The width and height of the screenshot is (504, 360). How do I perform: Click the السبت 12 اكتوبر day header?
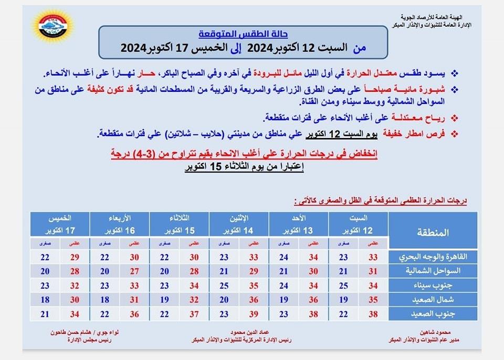(359, 224)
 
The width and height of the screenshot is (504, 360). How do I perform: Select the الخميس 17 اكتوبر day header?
(60, 224)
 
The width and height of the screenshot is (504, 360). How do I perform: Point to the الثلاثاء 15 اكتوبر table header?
(180, 224)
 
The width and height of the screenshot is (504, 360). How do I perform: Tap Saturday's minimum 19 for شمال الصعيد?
(343, 300)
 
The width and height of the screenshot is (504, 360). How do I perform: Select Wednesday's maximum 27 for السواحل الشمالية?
(134, 271)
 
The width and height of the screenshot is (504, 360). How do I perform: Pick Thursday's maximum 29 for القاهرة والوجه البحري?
(75, 257)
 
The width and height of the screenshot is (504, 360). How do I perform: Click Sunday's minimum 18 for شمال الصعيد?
(283, 300)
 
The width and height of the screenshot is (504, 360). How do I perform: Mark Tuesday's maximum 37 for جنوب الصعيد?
(194, 314)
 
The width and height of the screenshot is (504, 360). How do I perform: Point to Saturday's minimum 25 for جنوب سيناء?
(343, 285)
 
